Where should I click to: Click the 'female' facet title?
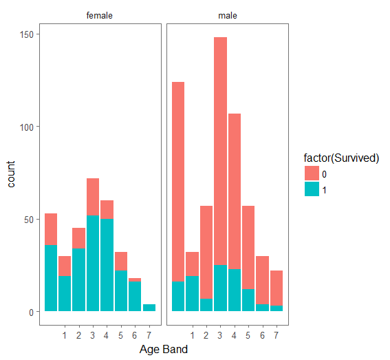pos(100,15)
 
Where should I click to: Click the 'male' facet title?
pos(228,15)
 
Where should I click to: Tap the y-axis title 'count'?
pos(12,175)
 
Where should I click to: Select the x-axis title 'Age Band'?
pos(164,349)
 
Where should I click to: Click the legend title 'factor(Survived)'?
pos(342,158)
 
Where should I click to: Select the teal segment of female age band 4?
pos(107,265)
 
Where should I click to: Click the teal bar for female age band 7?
pos(149,308)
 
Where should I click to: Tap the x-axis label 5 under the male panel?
pos(249,335)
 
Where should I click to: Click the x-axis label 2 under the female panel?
pos(78,335)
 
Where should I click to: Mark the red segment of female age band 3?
pos(93,197)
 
